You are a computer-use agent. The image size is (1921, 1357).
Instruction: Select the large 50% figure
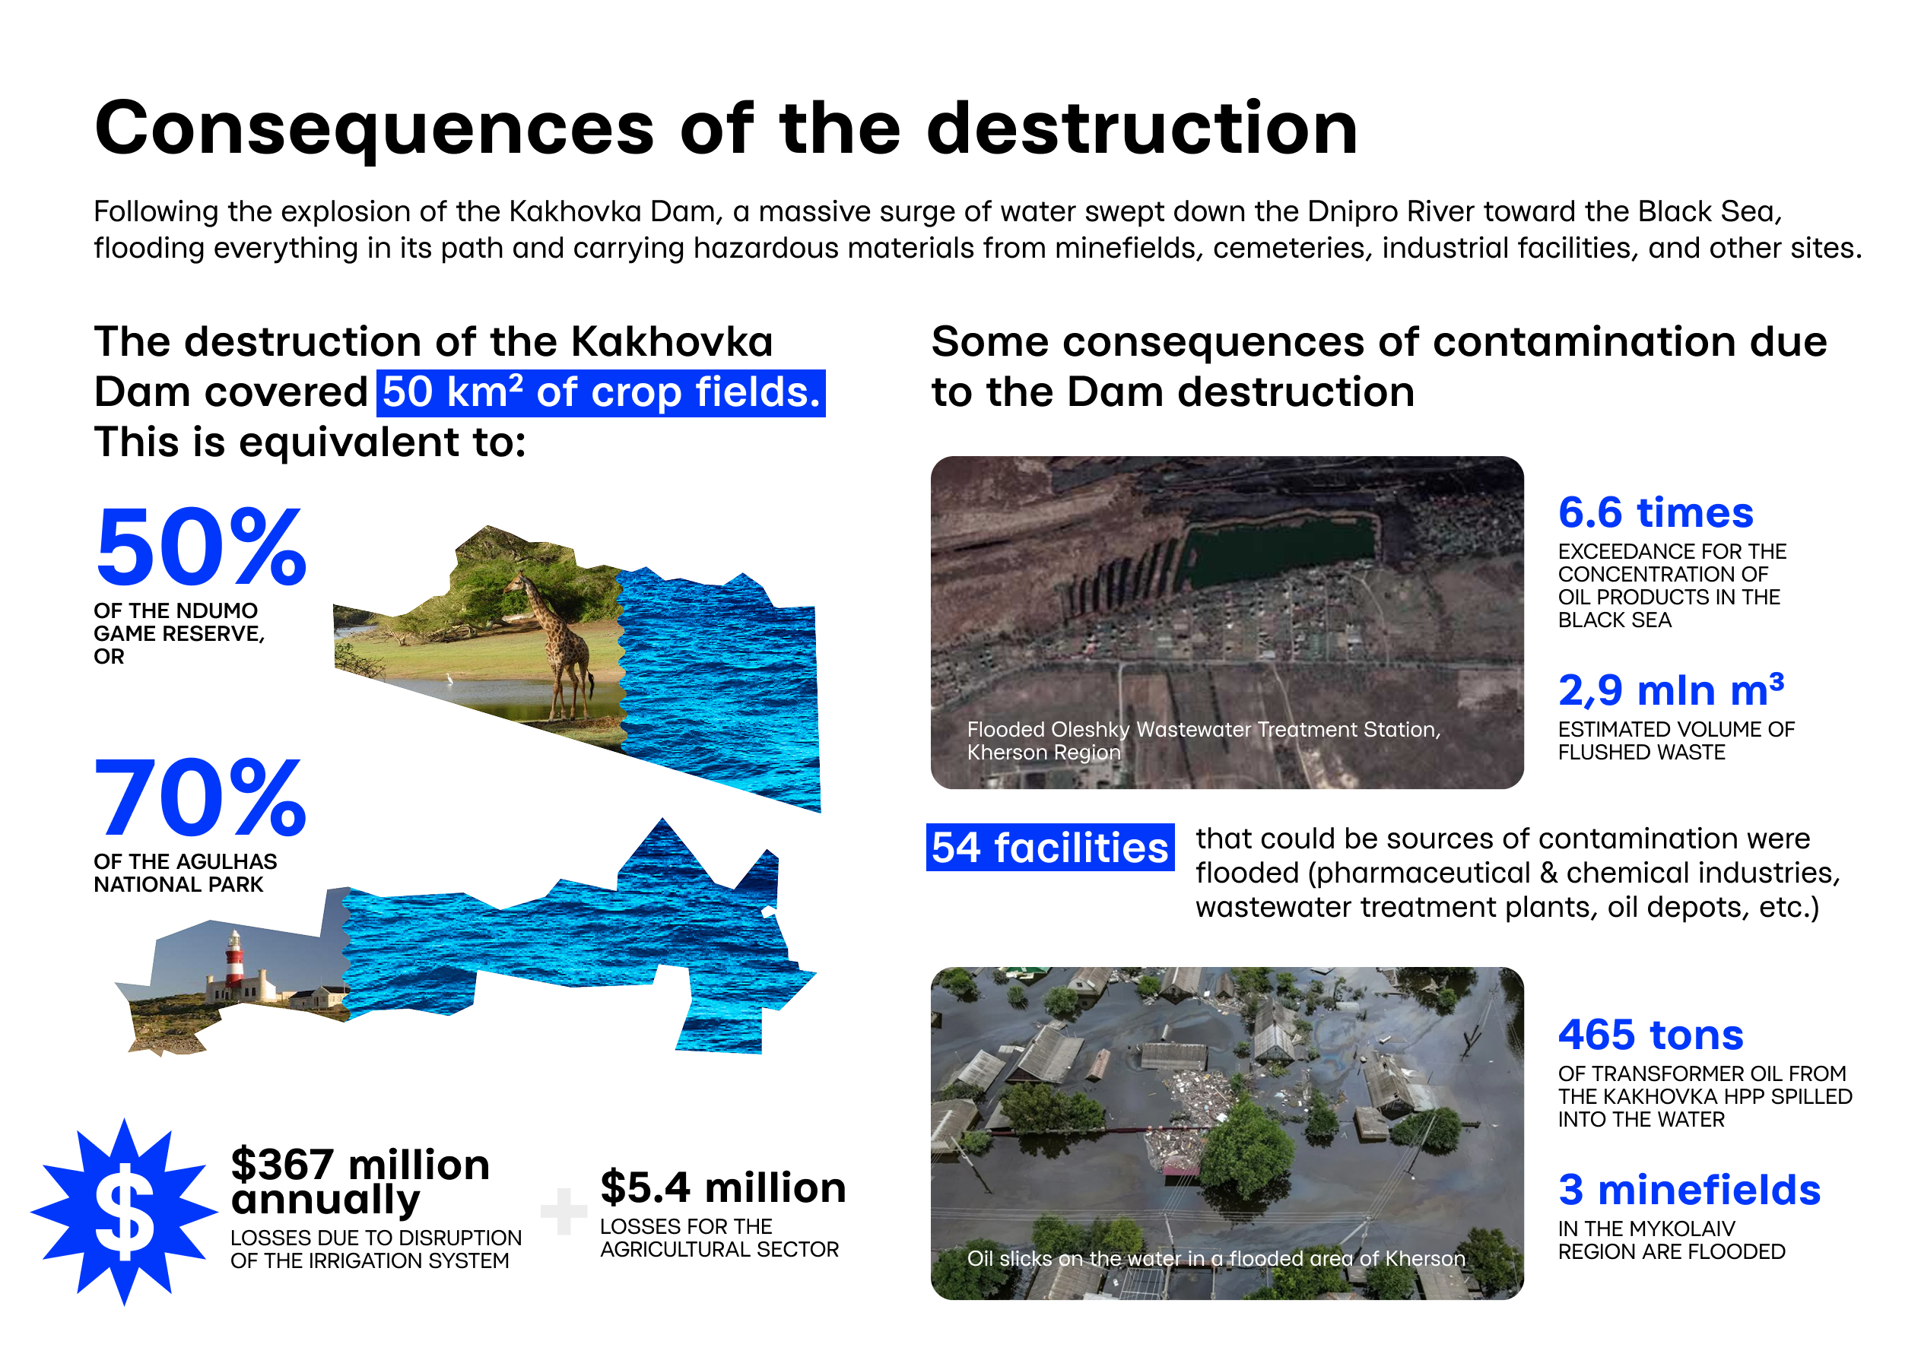[x=202, y=547]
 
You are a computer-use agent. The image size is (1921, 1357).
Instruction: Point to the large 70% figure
[x=201, y=797]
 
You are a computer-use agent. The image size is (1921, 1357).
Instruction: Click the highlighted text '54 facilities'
[x=1049, y=848]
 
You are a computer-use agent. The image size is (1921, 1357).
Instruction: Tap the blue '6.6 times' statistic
[x=1655, y=512]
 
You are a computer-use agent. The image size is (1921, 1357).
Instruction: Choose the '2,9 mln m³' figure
[x=1671, y=690]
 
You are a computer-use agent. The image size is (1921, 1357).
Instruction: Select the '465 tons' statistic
[x=1650, y=1035]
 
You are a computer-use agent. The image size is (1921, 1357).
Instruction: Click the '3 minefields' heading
[x=1688, y=1190]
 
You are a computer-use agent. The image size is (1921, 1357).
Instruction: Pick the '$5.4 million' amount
[x=723, y=1187]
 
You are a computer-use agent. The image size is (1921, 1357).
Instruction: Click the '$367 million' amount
[x=360, y=1164]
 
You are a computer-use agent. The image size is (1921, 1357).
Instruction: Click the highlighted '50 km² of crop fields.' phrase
[x=601, y=392]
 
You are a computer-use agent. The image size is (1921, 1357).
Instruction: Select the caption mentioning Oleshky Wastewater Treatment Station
[x=1203, y=740]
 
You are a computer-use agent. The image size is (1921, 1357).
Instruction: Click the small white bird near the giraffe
[x=449, y=680]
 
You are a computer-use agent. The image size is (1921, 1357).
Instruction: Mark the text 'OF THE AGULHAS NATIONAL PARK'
[x=185, y=873]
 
